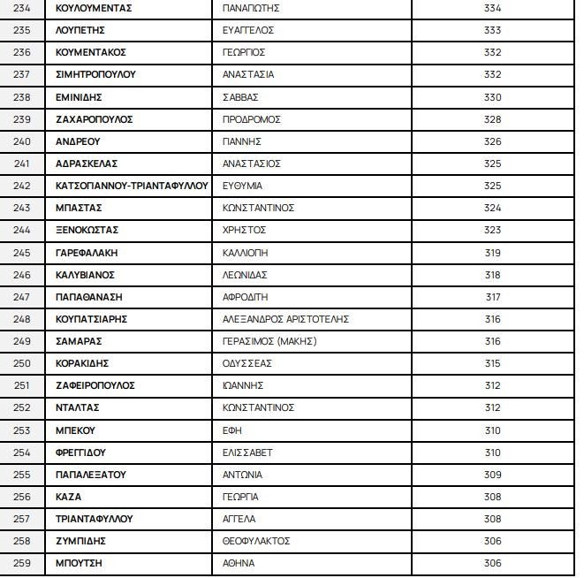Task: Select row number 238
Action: (23, 97)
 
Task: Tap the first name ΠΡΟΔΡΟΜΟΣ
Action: (252, 119)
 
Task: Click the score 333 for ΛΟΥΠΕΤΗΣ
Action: (493, 30)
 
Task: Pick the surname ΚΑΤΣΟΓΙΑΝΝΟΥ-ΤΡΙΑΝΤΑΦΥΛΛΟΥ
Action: (132, 186)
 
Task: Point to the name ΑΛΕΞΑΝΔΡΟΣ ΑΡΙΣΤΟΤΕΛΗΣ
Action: (287, 319)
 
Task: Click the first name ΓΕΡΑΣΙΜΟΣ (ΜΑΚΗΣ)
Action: (269, 341)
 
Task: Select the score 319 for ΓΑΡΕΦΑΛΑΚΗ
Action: (493, 253)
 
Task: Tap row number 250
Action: (23, 363)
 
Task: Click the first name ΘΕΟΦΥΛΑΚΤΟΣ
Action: (257, 541)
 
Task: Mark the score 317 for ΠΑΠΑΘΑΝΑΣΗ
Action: (493, 297)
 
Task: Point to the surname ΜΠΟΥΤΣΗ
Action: (79, 563)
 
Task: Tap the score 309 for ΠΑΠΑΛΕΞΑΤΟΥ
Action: (493, 475)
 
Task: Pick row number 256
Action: (23, 497)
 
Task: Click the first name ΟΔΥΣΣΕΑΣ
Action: (247, 363)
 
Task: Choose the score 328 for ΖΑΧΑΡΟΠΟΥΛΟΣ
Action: (493, 119)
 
